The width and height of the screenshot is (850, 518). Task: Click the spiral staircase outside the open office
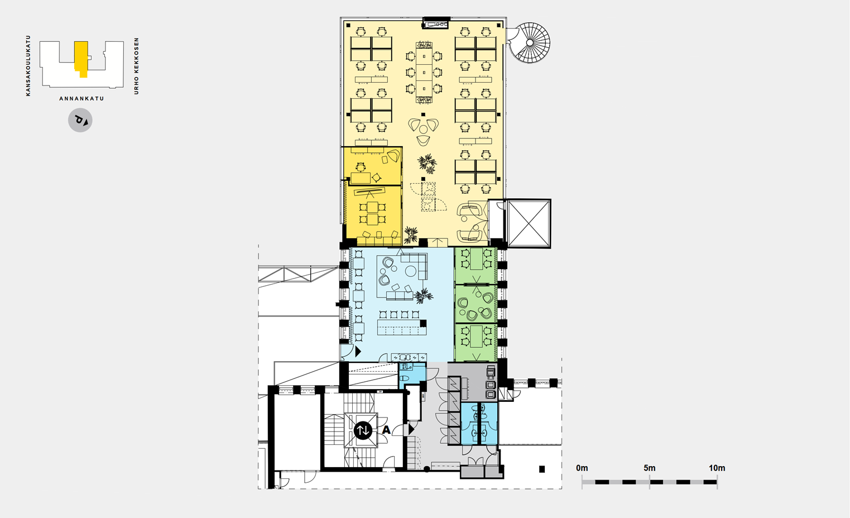point(530,42)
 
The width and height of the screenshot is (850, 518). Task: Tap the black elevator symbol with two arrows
point(363,431)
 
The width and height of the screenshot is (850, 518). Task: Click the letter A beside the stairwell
point(386,430)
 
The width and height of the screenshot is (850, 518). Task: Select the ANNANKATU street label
point(81,99)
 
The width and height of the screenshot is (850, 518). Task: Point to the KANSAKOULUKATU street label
point(28,66)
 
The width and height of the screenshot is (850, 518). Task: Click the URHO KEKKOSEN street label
point(137,66)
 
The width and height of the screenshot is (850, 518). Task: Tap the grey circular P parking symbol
point(80,121)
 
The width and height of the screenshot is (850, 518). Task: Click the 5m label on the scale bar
point(649,468)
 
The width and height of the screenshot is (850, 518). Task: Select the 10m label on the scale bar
point(717,468)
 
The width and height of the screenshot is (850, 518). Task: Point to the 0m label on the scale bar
point(582,468)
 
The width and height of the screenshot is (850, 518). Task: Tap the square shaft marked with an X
point(529,223)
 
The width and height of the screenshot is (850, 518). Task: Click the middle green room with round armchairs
point(476,304)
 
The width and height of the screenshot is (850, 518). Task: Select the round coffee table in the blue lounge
point(411,271)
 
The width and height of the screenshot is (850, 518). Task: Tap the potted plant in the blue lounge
point(423,296)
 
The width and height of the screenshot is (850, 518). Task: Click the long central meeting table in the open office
point(424,73)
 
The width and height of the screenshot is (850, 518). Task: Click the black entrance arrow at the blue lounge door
point(358,352)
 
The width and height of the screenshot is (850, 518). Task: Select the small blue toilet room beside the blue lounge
point(412,375)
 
